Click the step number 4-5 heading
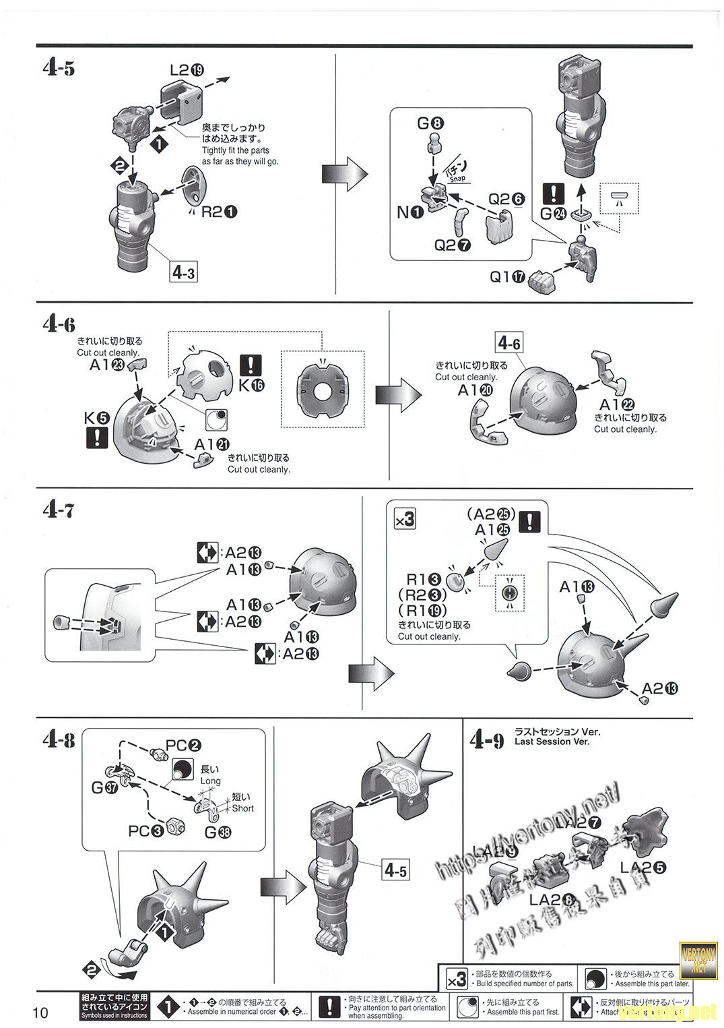coord(58,69)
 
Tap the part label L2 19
coord(187,69)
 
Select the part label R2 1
coord(219,212)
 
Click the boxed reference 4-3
coord(183,272)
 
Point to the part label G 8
coord(430,123)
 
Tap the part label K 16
coord(251,385)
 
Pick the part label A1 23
coord(107,365)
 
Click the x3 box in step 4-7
coord(404,519)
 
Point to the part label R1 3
coord(422,579)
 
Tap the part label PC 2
coord(183,746)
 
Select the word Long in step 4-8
coord(210,781)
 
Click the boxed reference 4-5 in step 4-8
coord(395,870)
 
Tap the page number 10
coord(40,1012)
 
